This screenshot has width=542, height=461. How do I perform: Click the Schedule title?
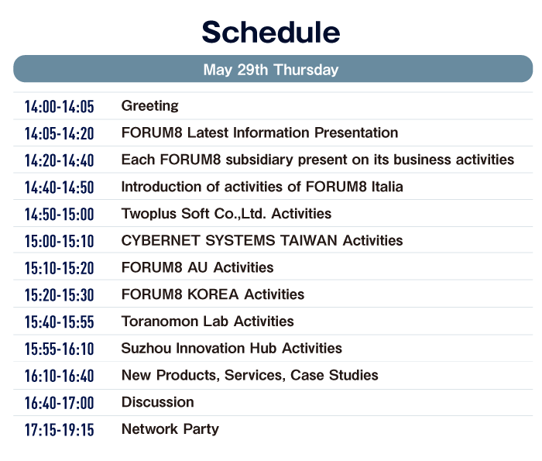click(x=271, y=32)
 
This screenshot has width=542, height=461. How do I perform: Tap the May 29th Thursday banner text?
click(x=271, y=70)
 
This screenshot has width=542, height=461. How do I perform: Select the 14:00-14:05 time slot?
click(x=59, y=106)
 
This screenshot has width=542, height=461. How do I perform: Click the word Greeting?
click(x=150, y=106)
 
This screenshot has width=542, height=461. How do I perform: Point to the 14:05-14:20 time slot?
click(x=59, y=133)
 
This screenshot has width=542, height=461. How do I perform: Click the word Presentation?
click(x=356, y=132)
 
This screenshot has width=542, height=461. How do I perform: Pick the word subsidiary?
click(x=259, y=160)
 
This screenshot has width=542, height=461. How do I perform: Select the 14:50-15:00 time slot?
click(x=59, y=215)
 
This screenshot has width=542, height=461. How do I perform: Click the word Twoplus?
click(x=149, y=214)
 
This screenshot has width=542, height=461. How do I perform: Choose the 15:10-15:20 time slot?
click(x=59, y=268)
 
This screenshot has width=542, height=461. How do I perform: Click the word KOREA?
click(x=213, y=294)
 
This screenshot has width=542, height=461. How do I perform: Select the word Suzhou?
click(x=146, y=349)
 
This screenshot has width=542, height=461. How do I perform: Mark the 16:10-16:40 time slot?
click(x=59, y=377)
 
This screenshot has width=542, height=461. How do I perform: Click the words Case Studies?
click(x=334, y=376)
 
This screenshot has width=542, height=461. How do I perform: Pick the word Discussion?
click(x=158, y=403)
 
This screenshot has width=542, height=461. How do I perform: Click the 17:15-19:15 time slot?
click(x=59, y=430)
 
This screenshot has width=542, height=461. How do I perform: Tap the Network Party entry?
click(x=170, y=429)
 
